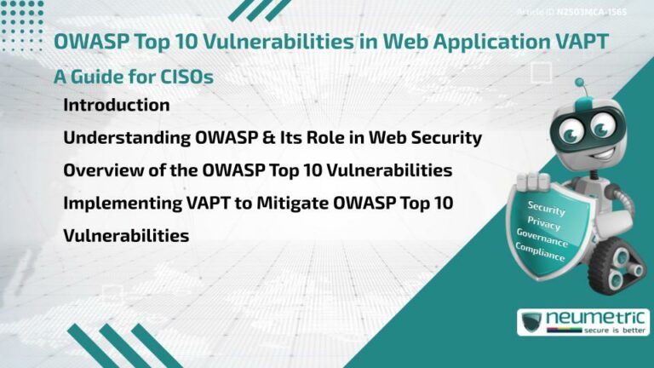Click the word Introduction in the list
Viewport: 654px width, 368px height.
coord(117,106)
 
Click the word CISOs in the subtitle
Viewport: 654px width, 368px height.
coord(182,77)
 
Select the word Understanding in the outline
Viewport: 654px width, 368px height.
coord(115,138)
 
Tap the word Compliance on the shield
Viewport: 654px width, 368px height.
coord(540,250)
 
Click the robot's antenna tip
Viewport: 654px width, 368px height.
coord(580,83)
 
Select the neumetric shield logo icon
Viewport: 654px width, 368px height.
coord(531,323)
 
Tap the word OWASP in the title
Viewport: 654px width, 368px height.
coord(90,40)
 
